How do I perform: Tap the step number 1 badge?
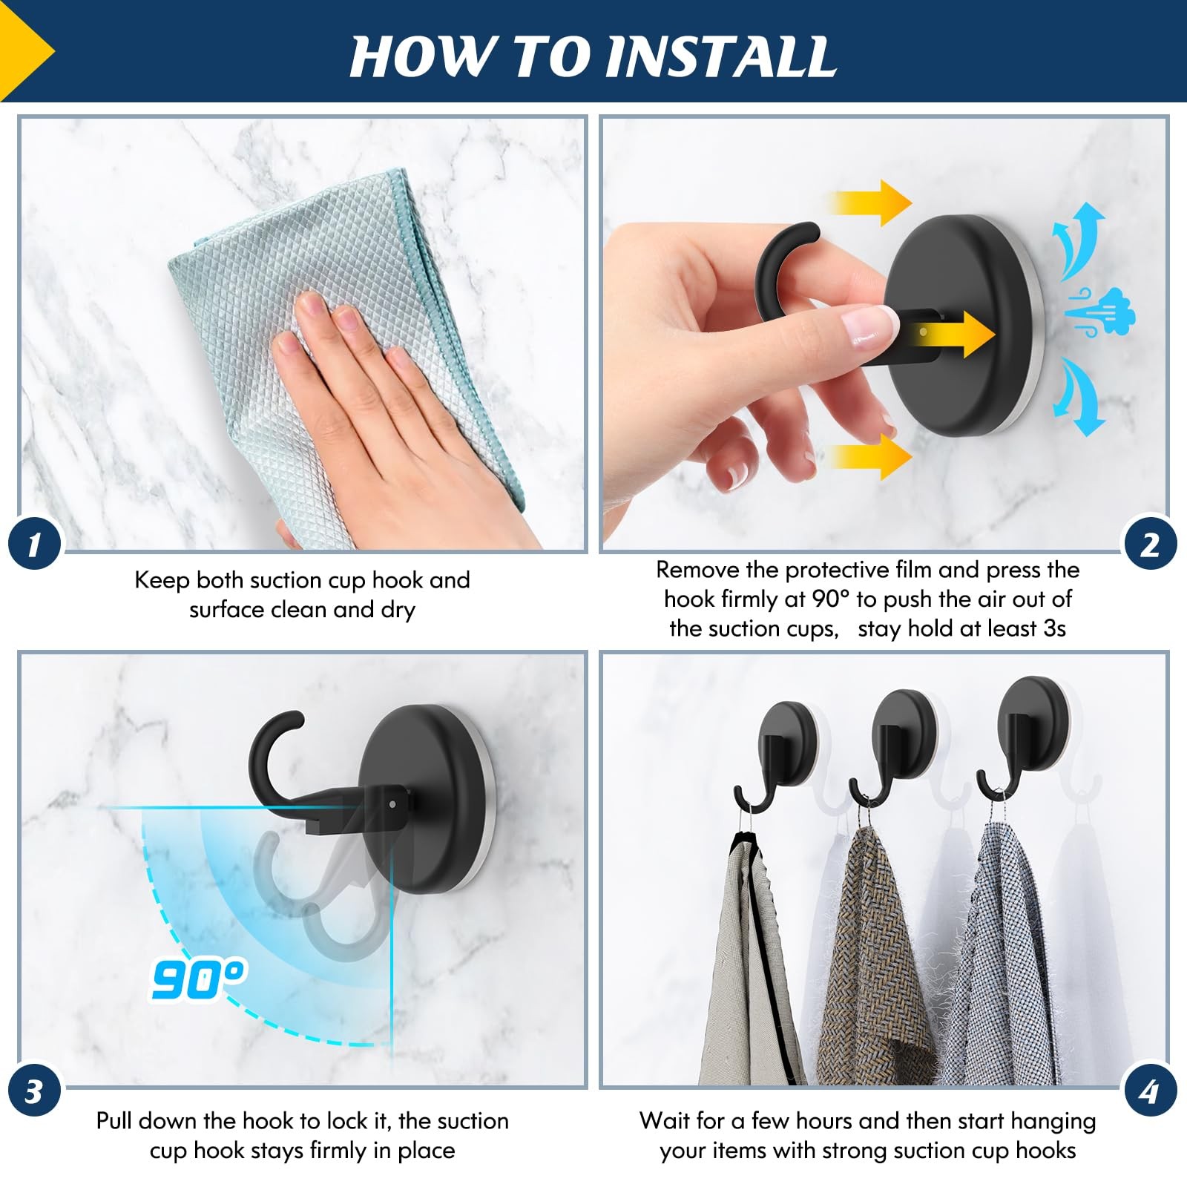click(34, 545)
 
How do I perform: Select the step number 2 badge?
click(1151, 545)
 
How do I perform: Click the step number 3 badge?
click(34, 1091)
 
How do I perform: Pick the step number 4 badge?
click(1151, 1091)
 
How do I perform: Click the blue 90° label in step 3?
click(199, 979)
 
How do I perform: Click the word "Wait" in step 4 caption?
click(664, 1120)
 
